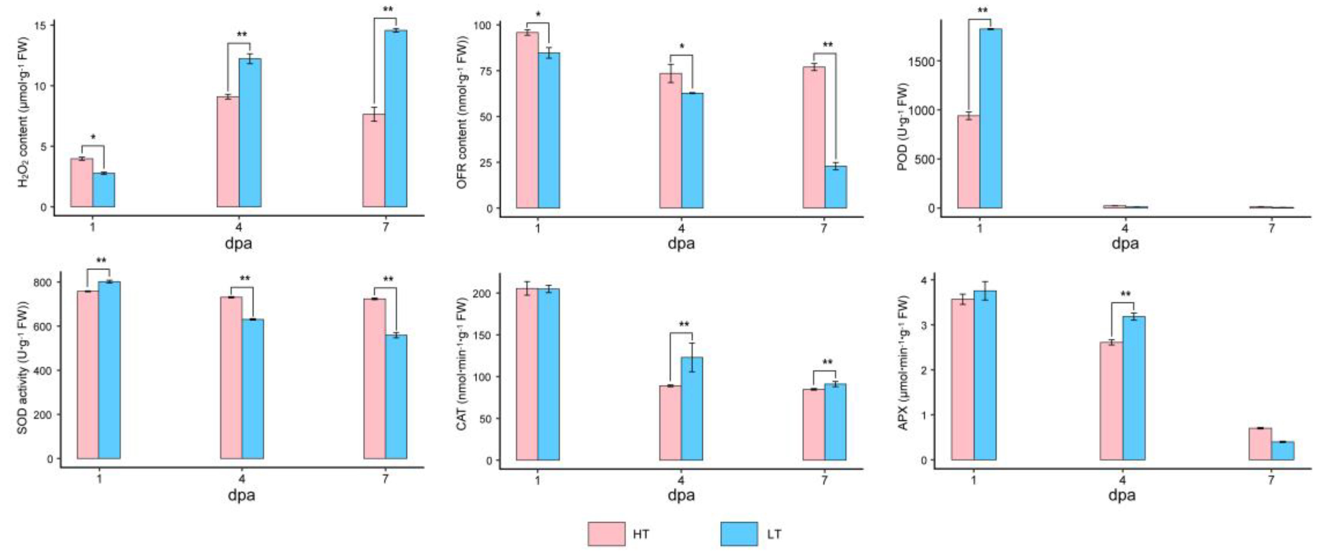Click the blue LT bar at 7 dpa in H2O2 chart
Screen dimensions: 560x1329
tap(396, 119)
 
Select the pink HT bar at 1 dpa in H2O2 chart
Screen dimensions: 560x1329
tap(82, 183)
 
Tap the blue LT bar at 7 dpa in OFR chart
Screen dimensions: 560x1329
tap(835, 187)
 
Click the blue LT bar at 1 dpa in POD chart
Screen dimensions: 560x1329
tap(990, 119)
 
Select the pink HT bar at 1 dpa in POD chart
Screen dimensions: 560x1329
tap(969, 162)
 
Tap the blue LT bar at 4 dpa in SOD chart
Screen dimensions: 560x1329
tap(253, 389)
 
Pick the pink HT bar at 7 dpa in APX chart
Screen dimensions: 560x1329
tap(1260, 444)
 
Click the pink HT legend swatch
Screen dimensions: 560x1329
tap(606, 534)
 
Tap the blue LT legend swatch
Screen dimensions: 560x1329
tap(739, 534)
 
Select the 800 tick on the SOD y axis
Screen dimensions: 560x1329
tap(43, 283)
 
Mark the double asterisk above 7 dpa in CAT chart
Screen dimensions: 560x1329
tap(827, 363)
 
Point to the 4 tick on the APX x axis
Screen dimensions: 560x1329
tap(1122, 480)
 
